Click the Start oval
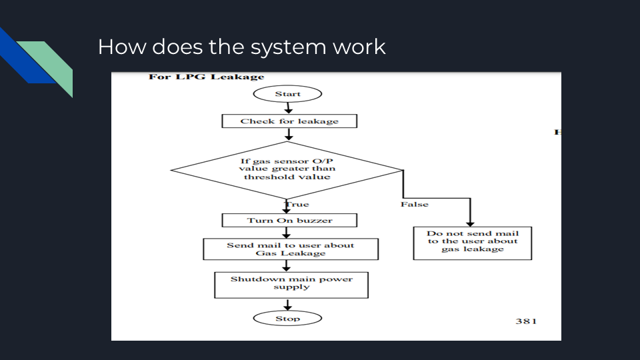pyautogui.click(x=288, y=94)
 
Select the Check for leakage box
pyautogui.click(x=289, y=121)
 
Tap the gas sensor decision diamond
pyautogui.click(x=287, y=169)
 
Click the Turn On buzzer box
pyautogui.click(x=289, y=220)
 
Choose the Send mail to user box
pyautogui.click(x=290, y=249)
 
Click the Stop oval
pyautogui.click(x=288, y=319)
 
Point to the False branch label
pyautogui.click(x=414, y=204)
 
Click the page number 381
pyautogui.click(x=525, y=321)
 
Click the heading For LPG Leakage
pyautogui.click(x=206, y=77)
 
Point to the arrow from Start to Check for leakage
pyautogui.click(x=288, y=108)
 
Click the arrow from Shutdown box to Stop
pyautogui.click(x=288, y=305)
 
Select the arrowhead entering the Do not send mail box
pyautogui.click(x=471, y=223)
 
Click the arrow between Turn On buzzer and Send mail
pyautogui.click(x=288, y=233)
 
